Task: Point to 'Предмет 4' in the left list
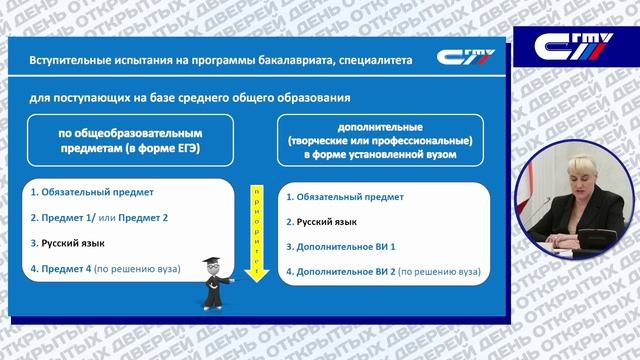click(x=61, y=269)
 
